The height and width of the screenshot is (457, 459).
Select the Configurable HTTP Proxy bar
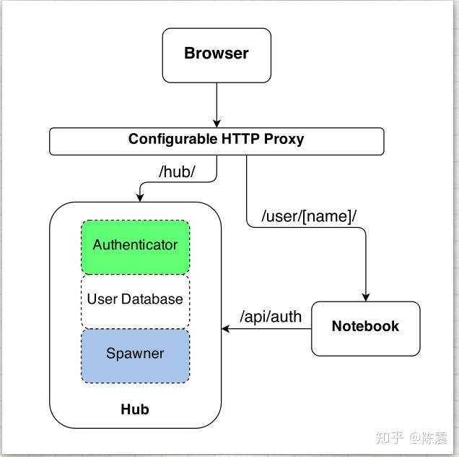click(x=216, y=140)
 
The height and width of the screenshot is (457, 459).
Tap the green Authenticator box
click(x=135, y=246)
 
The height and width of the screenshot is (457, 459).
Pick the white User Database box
click(x=135, y=299)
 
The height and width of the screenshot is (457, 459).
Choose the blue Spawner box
click(x=135, y=354)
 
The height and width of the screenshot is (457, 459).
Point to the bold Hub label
click(x=134, y=409)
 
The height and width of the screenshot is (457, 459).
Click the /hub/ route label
click(x=177, y=173)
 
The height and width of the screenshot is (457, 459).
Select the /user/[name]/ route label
click(x=309, y=215)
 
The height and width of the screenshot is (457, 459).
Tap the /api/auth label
click(x=271, y=316)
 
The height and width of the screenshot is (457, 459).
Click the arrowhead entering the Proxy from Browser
click(x=216, y=124)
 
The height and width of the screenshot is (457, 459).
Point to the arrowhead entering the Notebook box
click(x=366, y=296)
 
